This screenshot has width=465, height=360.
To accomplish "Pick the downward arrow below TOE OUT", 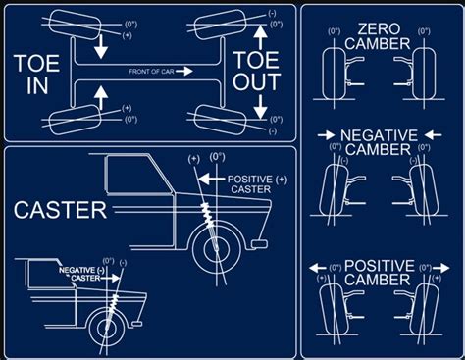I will pos(260,111).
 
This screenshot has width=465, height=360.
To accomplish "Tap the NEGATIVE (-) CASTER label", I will pos(78,274).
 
